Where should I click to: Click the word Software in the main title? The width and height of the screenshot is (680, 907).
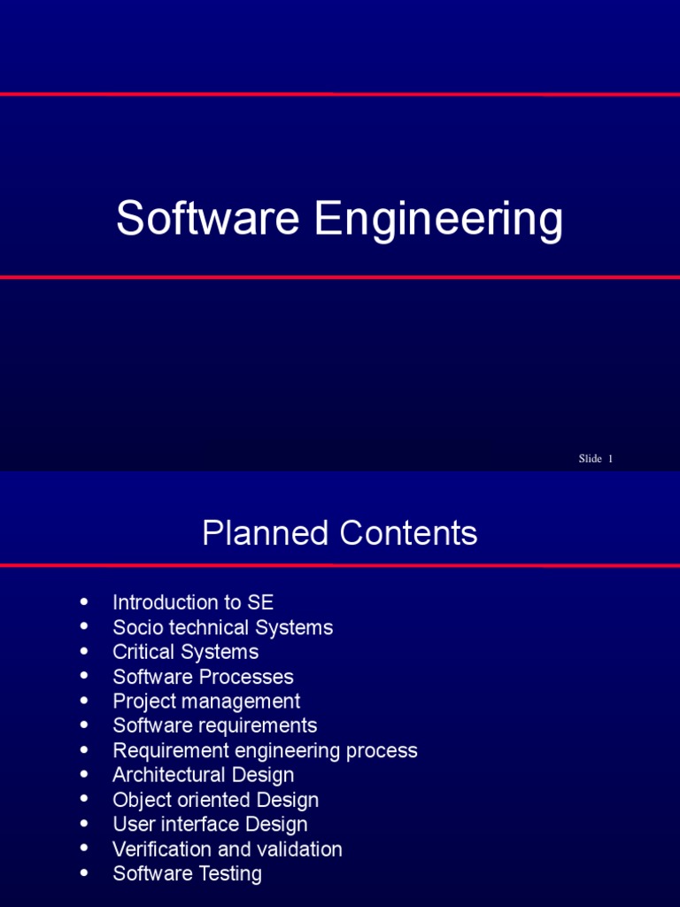(x=207, y=219)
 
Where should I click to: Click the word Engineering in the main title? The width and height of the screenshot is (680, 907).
(x=438, y=221)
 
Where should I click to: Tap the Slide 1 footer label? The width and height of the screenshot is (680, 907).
(x=595, y=458)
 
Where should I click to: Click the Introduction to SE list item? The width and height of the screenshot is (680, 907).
(x=193, y=602)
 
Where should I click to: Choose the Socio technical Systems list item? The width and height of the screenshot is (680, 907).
(x=222, y=627)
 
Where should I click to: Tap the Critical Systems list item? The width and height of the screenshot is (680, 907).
(x=185, y=652)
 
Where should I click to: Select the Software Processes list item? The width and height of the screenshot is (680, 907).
(x=203, y=677)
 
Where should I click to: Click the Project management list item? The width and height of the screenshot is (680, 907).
(x=206, y=702)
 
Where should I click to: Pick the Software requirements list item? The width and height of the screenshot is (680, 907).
(x=214, y=725)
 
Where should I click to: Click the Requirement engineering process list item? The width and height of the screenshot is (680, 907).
(x=265, y=750)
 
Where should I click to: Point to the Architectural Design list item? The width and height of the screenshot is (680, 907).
(x=203, y=775)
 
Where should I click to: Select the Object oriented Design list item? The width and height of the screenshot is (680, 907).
(x=215, y=800)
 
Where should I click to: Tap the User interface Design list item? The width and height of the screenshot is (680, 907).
(x=210, y=825)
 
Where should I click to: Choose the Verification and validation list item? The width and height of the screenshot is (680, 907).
(x=227, y=849)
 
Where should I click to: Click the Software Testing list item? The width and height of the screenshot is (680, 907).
(x=187, y=873)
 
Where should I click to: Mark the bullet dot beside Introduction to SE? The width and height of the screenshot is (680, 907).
(x=84, y=601)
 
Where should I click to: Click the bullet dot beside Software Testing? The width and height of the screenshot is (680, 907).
(x=84, y=872)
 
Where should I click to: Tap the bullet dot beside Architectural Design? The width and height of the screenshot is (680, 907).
(x=84, y=774)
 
